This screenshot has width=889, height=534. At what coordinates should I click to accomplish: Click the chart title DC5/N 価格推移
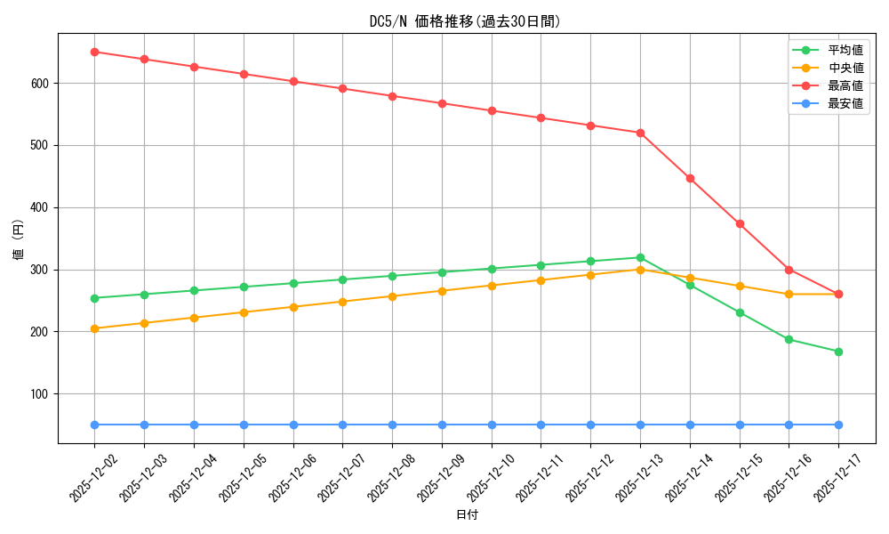466,21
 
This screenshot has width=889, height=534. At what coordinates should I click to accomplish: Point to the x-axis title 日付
467,515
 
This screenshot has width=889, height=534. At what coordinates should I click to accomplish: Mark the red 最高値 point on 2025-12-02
95,52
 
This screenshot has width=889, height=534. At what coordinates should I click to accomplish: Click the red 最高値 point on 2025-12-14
690,178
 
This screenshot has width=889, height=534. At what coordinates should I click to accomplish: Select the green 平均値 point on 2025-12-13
640,257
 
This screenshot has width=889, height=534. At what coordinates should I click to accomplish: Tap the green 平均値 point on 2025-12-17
838,352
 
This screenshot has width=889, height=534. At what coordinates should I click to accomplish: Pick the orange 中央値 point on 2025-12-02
95,328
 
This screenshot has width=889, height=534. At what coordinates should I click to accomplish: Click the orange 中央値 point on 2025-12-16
789,294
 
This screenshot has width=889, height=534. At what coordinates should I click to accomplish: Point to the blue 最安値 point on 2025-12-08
392,425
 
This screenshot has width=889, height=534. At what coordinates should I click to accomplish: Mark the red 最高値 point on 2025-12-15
740,223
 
